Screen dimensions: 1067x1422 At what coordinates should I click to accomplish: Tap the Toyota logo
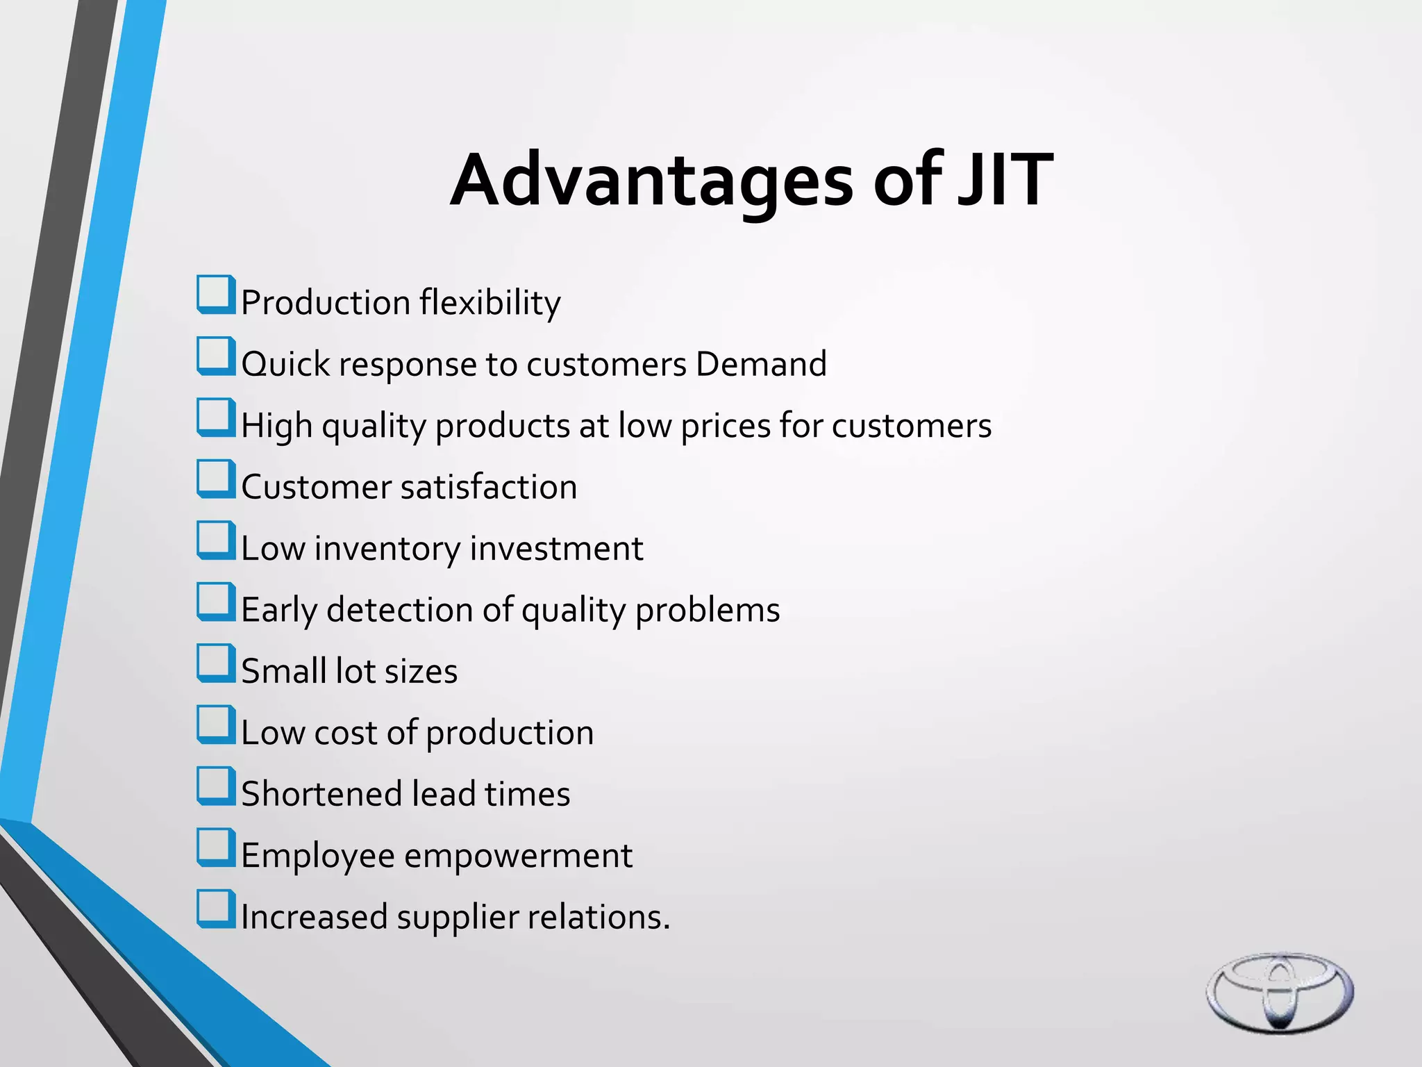coord(1279,992)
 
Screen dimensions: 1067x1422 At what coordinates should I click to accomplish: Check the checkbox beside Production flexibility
coord(215,295)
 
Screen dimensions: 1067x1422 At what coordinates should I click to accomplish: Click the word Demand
coord(761,364)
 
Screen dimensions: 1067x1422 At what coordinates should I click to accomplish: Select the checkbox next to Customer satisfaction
coord(215,479)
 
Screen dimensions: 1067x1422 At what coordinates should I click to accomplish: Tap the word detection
coord(399,610)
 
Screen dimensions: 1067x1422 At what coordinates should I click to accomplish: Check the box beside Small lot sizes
coord(215,663)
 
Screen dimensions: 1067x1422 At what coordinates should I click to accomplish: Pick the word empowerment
coord(518,856)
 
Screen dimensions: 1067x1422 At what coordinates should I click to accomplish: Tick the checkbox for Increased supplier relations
coord(215,909)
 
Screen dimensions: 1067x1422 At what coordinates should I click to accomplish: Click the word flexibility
coord(490,303)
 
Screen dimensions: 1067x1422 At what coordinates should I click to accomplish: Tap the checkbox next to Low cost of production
coord(215,725)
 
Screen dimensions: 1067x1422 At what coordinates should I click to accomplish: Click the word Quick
coord(285,365)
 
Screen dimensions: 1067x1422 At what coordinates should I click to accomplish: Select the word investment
coord(556,549)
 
